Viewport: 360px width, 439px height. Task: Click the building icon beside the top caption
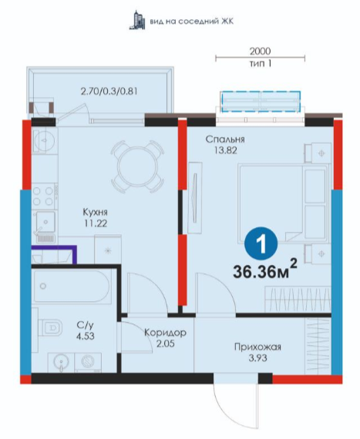tap(137, 20)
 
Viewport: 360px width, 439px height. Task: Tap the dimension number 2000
tap(260, 52)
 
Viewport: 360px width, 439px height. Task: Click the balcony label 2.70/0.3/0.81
tap(109, 92)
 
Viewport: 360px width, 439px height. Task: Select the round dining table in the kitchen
tap(137, 167)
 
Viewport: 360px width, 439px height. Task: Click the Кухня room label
tap(96, 212)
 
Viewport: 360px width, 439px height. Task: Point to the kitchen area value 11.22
tap(96, 223)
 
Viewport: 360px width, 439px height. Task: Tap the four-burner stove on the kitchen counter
tap(43, 196)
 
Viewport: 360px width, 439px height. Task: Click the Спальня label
tap(225, 139)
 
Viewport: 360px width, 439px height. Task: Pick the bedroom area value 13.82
tap(226, 150)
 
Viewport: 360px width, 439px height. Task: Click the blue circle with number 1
tap(261, 243)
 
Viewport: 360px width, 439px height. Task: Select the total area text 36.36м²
tap(264, 270)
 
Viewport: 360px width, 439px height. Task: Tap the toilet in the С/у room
tap(49, 327)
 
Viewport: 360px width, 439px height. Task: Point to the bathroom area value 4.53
tap(85, 336)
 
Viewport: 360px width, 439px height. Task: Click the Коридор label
tap(165, 333)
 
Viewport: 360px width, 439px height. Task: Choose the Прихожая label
tap(257, 347)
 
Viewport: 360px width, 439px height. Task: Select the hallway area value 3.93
tap(257, 358)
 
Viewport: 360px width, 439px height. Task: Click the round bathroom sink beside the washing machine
tap(60, 362)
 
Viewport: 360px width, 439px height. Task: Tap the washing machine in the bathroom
tap(88, 363)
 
